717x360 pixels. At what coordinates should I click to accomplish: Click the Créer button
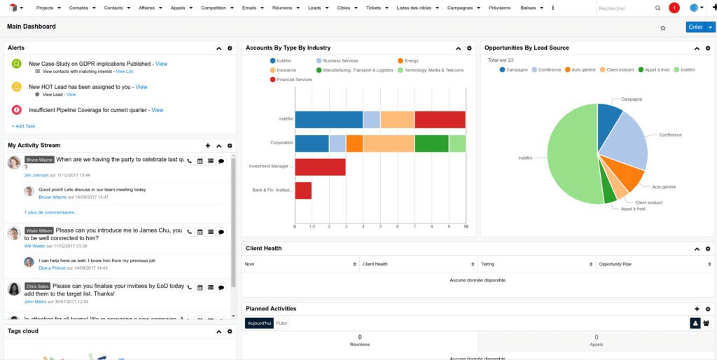[695, 27]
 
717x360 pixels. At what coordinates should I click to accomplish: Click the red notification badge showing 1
[674, 8]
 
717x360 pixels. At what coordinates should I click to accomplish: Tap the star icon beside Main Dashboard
[663, 28]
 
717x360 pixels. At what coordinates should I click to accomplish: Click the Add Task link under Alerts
[23, 126]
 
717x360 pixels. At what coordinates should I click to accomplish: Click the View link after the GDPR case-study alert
[161, 64]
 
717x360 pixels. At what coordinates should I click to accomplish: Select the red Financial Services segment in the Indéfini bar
[440, 120]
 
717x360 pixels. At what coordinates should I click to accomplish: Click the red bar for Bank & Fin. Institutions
[303, 190]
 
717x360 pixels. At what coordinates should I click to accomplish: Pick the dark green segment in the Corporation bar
[431, 144]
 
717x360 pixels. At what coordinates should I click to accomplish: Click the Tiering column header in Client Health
[487, 264]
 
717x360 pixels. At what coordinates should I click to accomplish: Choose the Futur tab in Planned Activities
[282, 323]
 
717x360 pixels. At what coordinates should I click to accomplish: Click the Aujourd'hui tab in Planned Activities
[259, 323]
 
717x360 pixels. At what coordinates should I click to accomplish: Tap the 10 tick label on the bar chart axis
[466, 227]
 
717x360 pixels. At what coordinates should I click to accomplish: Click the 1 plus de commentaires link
[51, 212]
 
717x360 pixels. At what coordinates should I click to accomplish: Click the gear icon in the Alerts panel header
[230, 48]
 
